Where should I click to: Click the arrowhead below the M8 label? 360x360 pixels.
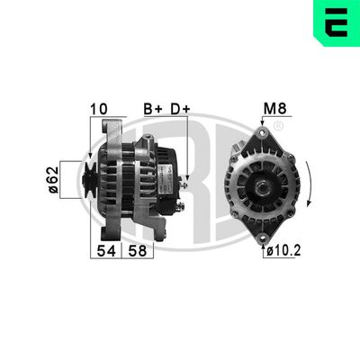[x=263, y=125]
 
